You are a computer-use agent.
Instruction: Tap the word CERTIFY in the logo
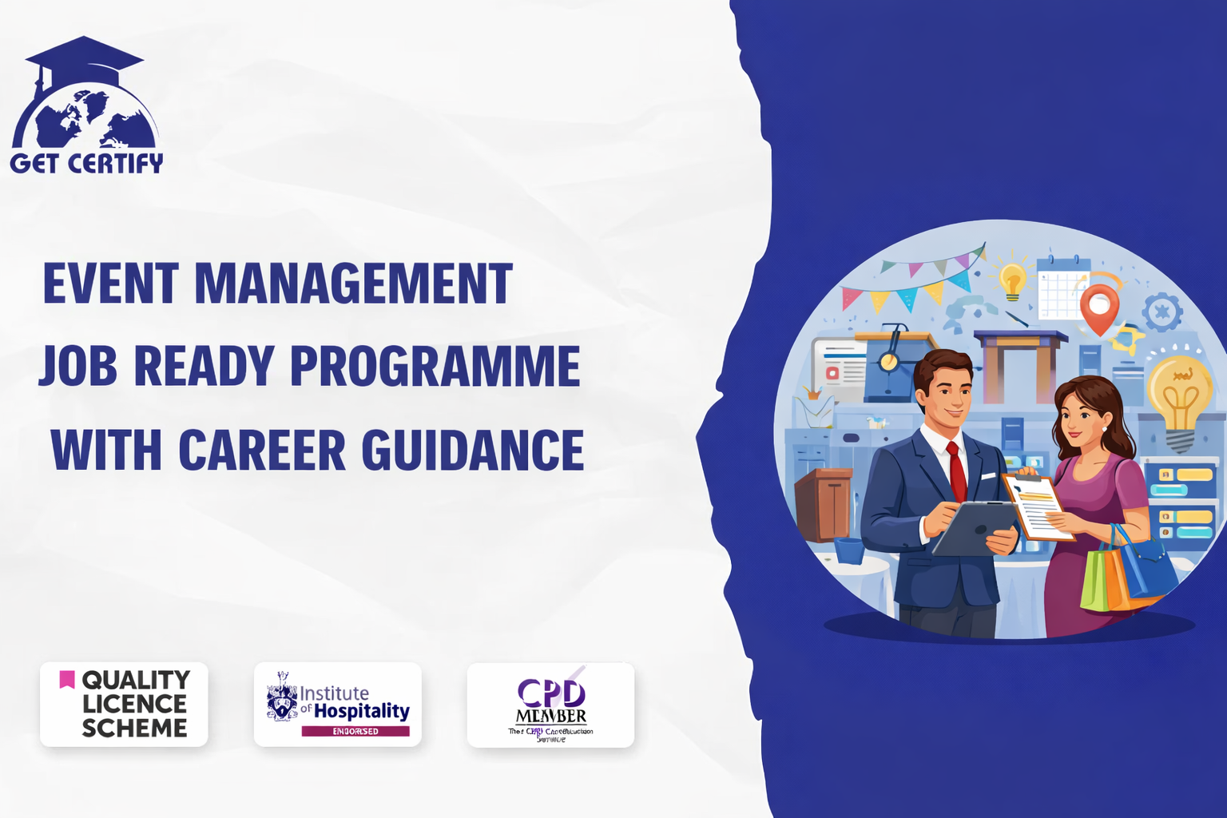pos(115,164)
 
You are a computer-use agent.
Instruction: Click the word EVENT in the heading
pos(110,284)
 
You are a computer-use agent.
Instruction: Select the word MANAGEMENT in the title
pos(353,284)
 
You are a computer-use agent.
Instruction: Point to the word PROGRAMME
pos(435,366)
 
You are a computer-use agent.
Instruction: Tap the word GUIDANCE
pos(473,450)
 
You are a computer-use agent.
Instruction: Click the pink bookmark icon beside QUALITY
pos(67,680)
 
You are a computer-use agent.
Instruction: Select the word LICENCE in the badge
pos(134,704)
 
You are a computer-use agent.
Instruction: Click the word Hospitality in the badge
pos(361,710)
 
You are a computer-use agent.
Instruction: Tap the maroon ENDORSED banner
pos(355,731)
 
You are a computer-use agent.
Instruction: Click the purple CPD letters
pos(551,693)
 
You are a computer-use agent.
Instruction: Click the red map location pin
pos(1099,308)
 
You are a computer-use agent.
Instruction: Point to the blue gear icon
pos(1162,312)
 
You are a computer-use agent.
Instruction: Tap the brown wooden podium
pos(824,503)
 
